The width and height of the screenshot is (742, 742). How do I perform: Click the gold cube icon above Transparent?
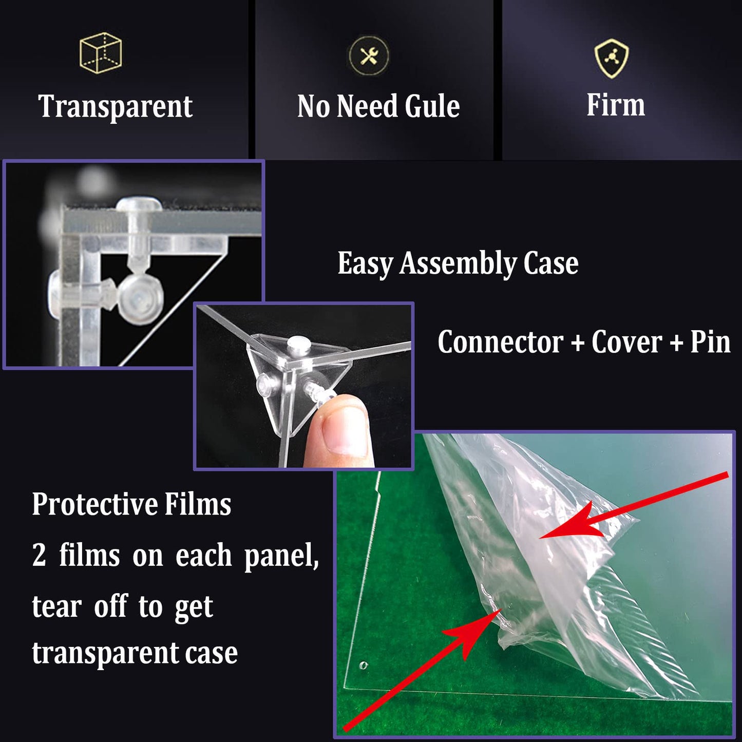101,53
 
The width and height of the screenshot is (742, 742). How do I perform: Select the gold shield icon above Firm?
612,58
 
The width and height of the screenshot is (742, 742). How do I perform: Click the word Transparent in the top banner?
115,106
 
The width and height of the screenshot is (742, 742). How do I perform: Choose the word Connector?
500,341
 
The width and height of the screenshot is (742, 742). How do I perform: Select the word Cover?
626,341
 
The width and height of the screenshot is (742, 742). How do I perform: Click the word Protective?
94,504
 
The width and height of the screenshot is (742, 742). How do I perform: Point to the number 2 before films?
39,555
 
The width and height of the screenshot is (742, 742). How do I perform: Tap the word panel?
281,557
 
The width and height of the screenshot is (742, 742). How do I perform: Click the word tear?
56,606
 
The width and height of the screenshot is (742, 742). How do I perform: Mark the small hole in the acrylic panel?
363,665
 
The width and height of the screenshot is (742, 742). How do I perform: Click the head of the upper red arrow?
570,521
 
